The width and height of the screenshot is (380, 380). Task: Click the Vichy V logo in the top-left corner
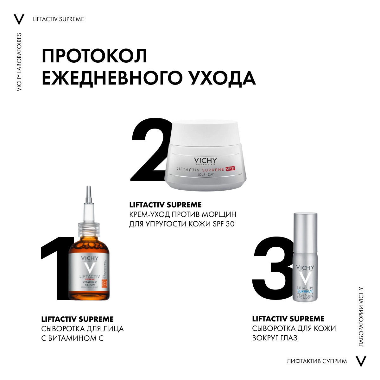[19, 19]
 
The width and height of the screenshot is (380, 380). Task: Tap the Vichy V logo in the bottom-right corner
[361, 361]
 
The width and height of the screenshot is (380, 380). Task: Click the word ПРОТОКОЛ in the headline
[94, 56]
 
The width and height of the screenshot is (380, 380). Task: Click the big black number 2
[149, 152]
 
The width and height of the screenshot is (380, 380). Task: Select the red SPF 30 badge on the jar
[230, 168]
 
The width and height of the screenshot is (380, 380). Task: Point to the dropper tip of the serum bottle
[89, 193]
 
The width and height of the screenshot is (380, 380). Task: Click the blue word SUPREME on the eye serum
[305, 291]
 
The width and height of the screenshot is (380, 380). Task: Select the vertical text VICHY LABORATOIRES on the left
[19, 62]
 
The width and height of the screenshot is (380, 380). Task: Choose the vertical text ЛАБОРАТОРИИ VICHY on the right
[361, 317]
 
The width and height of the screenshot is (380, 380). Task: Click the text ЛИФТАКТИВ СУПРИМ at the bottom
[317, 361]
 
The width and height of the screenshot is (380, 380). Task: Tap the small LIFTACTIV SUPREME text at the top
[59, 19]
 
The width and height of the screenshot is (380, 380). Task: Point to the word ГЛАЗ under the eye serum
[288, 338]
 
